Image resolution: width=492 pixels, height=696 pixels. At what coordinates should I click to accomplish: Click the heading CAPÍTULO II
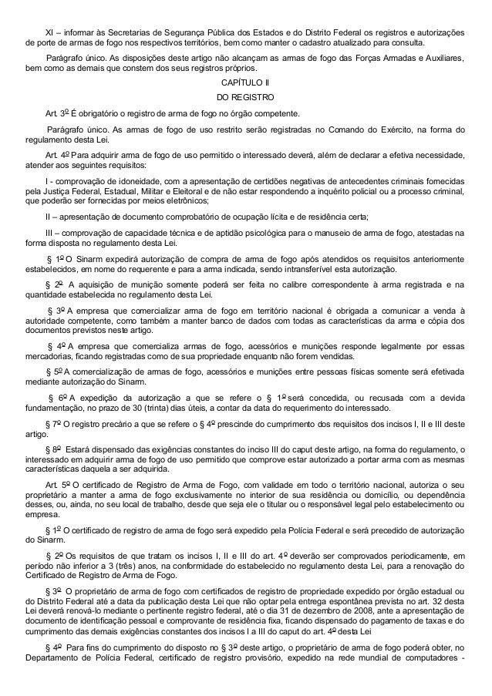(245, 81)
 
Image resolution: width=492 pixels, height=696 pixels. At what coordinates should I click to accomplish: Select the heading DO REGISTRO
(245, 96)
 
